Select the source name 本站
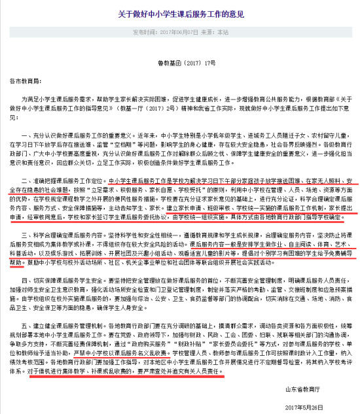(222, 31)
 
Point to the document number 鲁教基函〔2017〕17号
(180, 65)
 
